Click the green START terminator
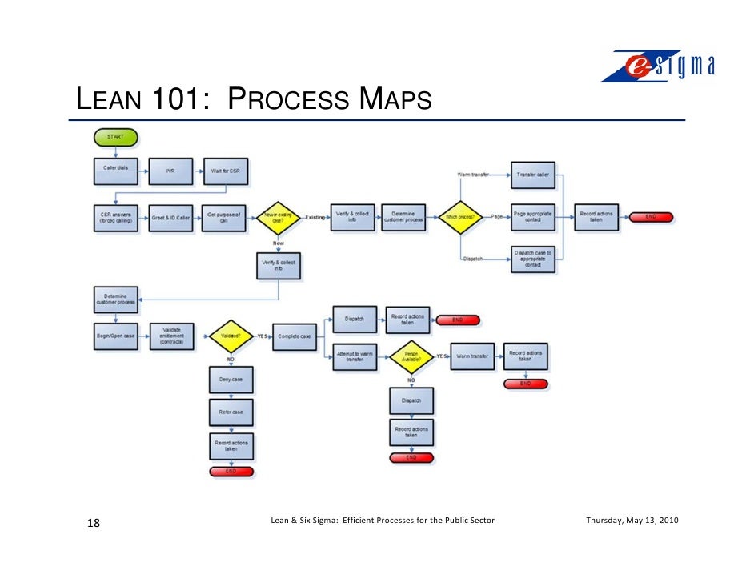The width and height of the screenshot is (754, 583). (x=116, y=138)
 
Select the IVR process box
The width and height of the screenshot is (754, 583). (x=170, y=171)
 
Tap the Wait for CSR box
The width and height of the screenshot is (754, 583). (x=225, y=171)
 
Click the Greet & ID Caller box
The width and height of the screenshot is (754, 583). (x=170, y=217)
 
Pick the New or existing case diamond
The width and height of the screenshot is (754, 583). (x=278, y=217)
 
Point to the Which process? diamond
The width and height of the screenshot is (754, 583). (x=459, y=217)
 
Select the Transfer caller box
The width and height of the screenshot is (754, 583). (x=532, y=175)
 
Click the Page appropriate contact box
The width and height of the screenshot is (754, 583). (x=532, y=217)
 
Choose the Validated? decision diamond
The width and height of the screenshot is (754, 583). (x=230, y=336)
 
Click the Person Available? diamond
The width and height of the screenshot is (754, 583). (x=411, y=356)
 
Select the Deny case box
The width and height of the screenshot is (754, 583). (x=231, y=379)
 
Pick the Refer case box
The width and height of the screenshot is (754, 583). (x=231, y=412)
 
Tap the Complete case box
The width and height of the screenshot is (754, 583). (x=295, y=336)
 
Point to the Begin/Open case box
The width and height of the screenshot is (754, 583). (x=116, y=336)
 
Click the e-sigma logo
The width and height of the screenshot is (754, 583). (x=658, y=66)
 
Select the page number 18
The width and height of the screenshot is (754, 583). (x=94, y=524)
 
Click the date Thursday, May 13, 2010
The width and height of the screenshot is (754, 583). (x=632, y=521)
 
